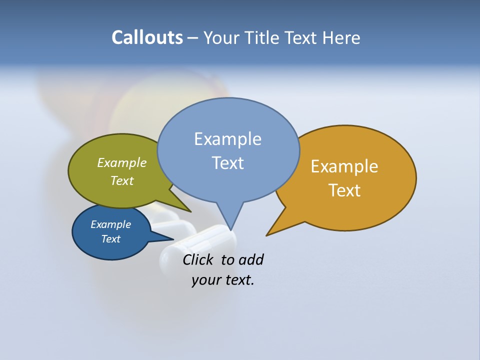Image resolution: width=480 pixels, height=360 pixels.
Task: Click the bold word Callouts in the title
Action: point(147,38)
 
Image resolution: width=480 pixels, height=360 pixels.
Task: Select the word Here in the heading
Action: point(341,38)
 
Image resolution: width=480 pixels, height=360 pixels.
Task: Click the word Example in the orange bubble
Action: point(344,166)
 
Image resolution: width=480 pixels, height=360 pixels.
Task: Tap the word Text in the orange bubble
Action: point(344,190)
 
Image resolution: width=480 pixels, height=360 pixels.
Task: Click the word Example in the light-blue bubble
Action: point(227,139)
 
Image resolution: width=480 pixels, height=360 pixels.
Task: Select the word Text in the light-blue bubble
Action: point(227,163)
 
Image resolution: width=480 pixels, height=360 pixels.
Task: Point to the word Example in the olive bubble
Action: point(122,163)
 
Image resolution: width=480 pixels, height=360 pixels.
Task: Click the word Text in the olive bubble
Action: point(122,181)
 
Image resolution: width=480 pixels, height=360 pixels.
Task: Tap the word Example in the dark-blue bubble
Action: point(110,224)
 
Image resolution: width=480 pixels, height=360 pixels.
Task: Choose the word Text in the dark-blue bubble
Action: point(110,239)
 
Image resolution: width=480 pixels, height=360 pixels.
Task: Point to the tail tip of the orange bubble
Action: point(267,235)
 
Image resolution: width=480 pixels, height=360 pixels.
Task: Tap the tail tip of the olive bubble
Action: point(190,212)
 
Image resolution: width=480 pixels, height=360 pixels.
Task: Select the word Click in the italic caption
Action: point(199,259)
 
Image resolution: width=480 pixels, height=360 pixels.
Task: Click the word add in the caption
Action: point(250,259)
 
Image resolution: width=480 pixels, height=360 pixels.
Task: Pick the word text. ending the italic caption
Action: point(237,280)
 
